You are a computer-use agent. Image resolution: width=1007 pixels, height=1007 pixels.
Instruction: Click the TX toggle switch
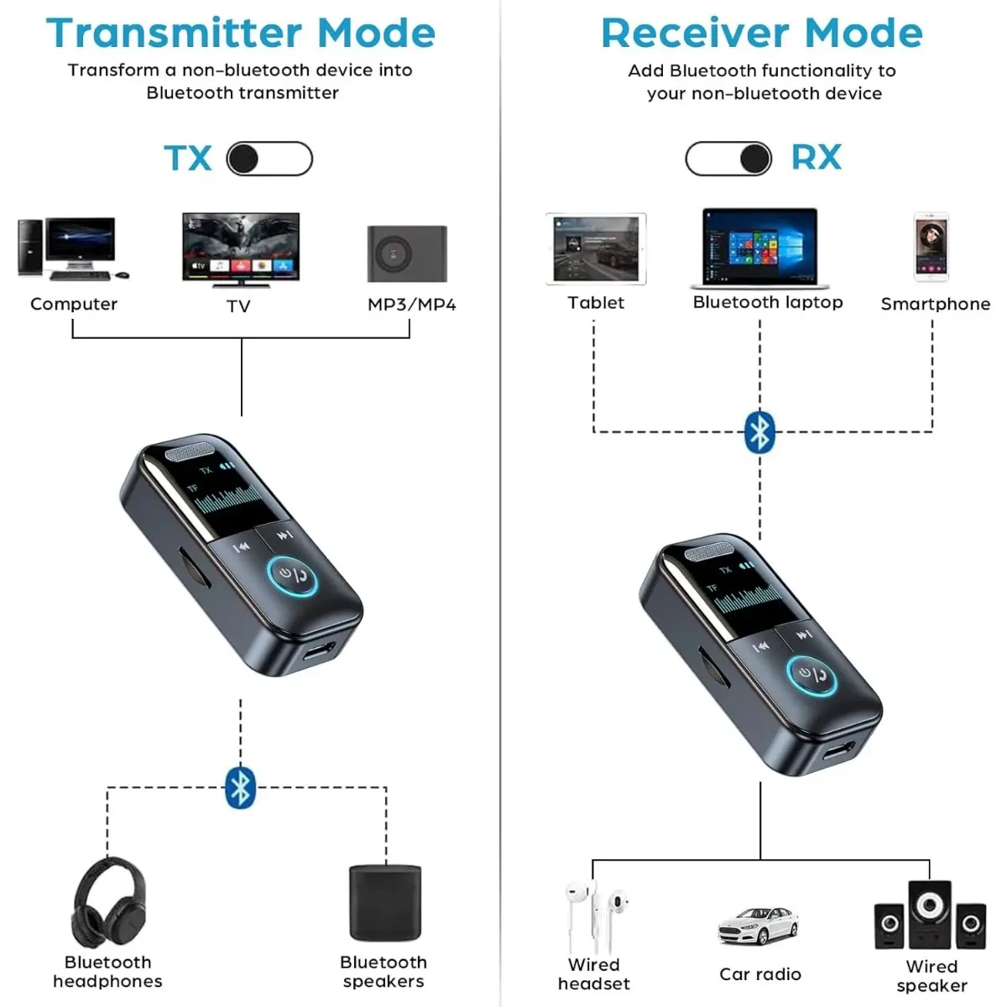pos(269,159)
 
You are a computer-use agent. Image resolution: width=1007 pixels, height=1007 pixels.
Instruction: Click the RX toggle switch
pos(728,159)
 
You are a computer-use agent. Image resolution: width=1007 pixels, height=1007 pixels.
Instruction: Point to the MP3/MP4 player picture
pos(407,253)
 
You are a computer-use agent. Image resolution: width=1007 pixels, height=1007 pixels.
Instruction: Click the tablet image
pos(596,249)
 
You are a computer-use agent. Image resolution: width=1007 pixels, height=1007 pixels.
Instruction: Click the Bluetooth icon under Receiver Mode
pos(760,432)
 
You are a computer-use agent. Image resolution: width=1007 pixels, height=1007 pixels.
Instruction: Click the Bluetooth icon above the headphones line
pos(241,787)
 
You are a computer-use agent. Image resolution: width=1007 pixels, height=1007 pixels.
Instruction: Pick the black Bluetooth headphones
pos(107,903)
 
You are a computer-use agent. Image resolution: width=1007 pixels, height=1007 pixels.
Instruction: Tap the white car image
pos(759,927)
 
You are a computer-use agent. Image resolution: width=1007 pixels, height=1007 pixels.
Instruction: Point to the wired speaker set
pos(930,916)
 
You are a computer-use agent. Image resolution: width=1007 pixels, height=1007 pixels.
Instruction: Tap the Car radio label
pos(760,974)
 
